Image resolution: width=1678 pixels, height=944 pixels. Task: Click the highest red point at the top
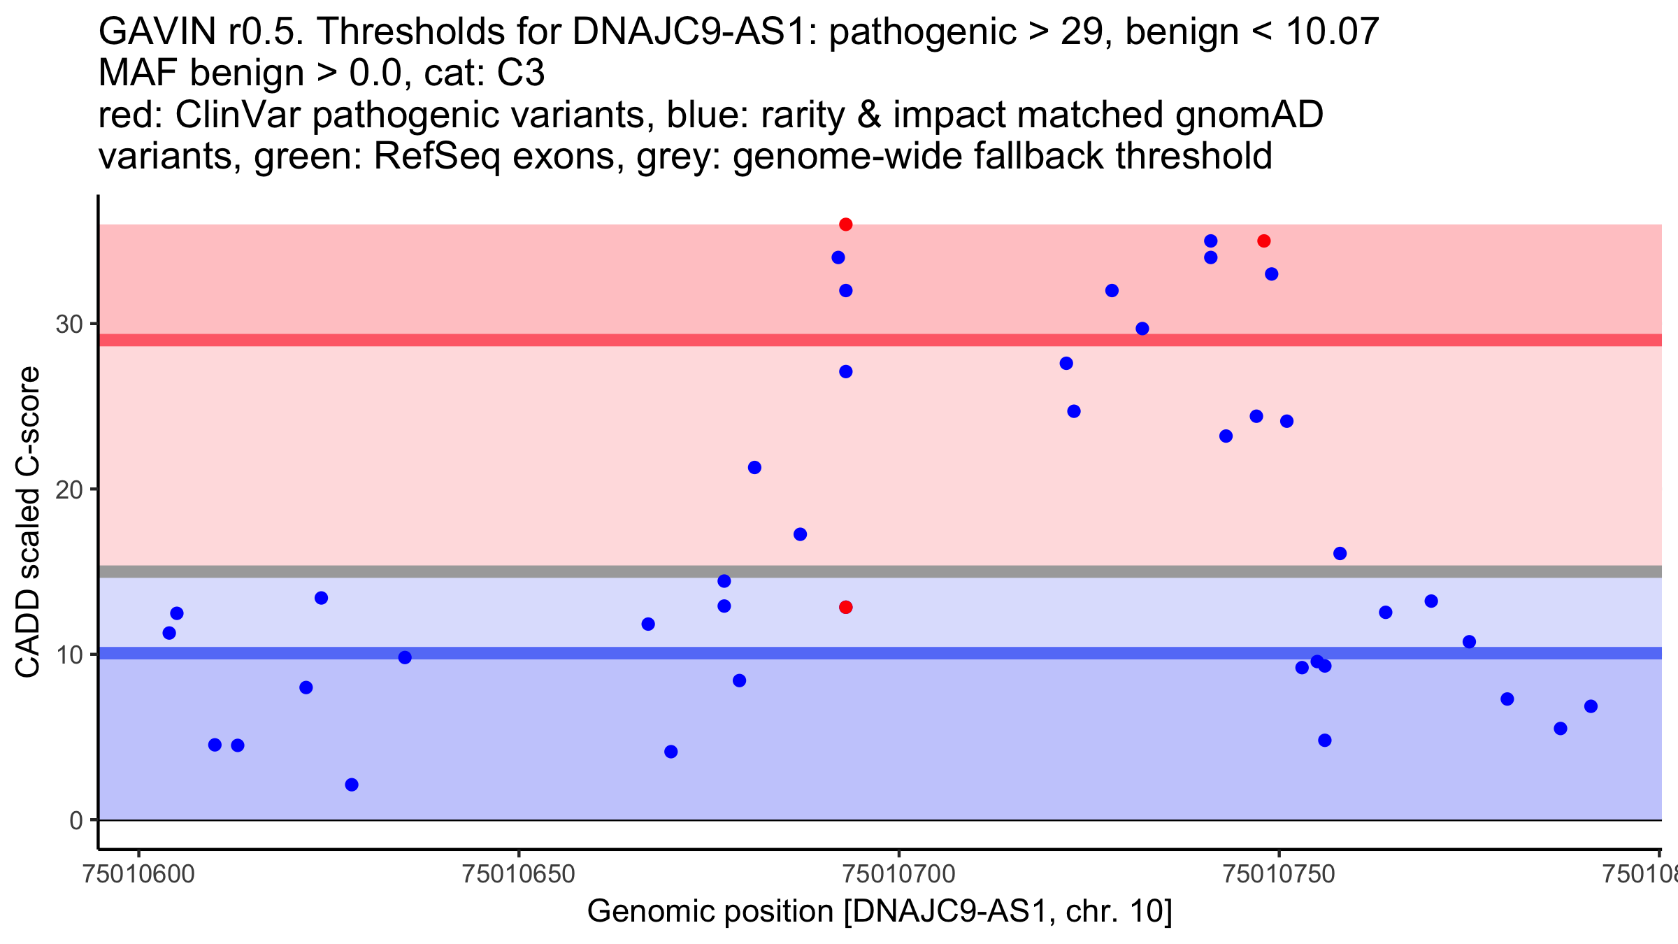point(845,224)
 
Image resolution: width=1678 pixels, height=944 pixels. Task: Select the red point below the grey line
point(845,607)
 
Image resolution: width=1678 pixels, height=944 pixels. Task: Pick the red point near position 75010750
point(1263,241)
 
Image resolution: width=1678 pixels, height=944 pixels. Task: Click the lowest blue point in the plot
point(352,785)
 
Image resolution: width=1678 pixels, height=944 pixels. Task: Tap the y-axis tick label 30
point(69,324)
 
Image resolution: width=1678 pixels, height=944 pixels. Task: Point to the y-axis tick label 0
point(76,820)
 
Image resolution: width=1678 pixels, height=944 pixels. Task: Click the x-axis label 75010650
point(518,875)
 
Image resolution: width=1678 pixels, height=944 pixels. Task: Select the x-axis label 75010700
point(898,875)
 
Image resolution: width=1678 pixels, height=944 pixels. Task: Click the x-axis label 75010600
point(138,875)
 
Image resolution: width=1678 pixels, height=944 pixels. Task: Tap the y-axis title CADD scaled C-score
point(28,522)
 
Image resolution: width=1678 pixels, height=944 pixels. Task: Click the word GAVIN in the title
point(157,31)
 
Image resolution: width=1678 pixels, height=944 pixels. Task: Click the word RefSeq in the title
point(436,156)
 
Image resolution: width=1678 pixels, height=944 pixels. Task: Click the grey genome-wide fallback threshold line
point(839,572)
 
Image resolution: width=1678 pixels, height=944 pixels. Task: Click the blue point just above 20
point(754,468)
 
